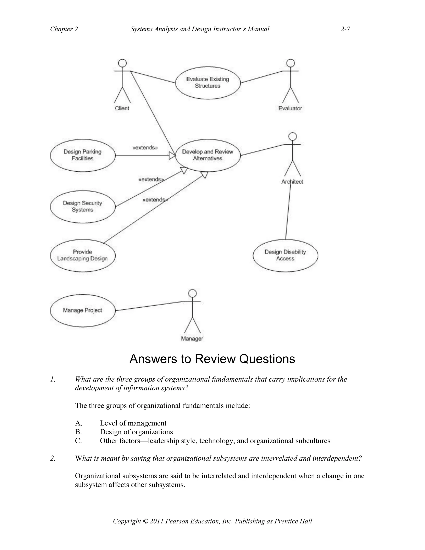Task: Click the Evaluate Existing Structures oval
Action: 208,83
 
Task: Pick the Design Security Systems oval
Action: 83,207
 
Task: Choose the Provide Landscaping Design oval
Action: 83,255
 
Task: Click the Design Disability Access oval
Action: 285,255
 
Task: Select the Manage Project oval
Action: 83,310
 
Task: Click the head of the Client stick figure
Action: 122,63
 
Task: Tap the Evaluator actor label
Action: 290,108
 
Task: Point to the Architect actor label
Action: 292,182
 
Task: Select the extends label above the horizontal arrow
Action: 145,148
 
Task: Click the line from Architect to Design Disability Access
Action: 288,211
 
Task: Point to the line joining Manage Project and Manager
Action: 150,306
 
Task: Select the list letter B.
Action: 78,432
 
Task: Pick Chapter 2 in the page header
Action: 64,29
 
